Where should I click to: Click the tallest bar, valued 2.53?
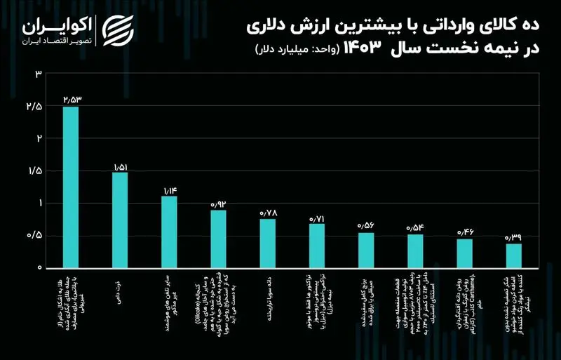pos(71,187)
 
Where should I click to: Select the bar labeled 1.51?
pos(120,220)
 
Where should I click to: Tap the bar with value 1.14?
pos(169,232)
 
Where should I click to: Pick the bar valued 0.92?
pos(219,239)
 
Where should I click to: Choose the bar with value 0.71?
pos(317,246)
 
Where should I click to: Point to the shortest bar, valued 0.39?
pos(513,255)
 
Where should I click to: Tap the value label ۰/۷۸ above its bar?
pos(268,213)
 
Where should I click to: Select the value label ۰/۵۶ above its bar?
pos(366,226)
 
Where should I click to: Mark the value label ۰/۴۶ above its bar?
pos(465,232)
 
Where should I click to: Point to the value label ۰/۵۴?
pos(415,227)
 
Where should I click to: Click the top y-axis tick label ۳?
pos(39,74)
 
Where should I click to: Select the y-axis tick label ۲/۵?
pos(34,107)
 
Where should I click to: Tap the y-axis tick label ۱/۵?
pos(34,171)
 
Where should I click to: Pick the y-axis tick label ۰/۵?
pos(34,236)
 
